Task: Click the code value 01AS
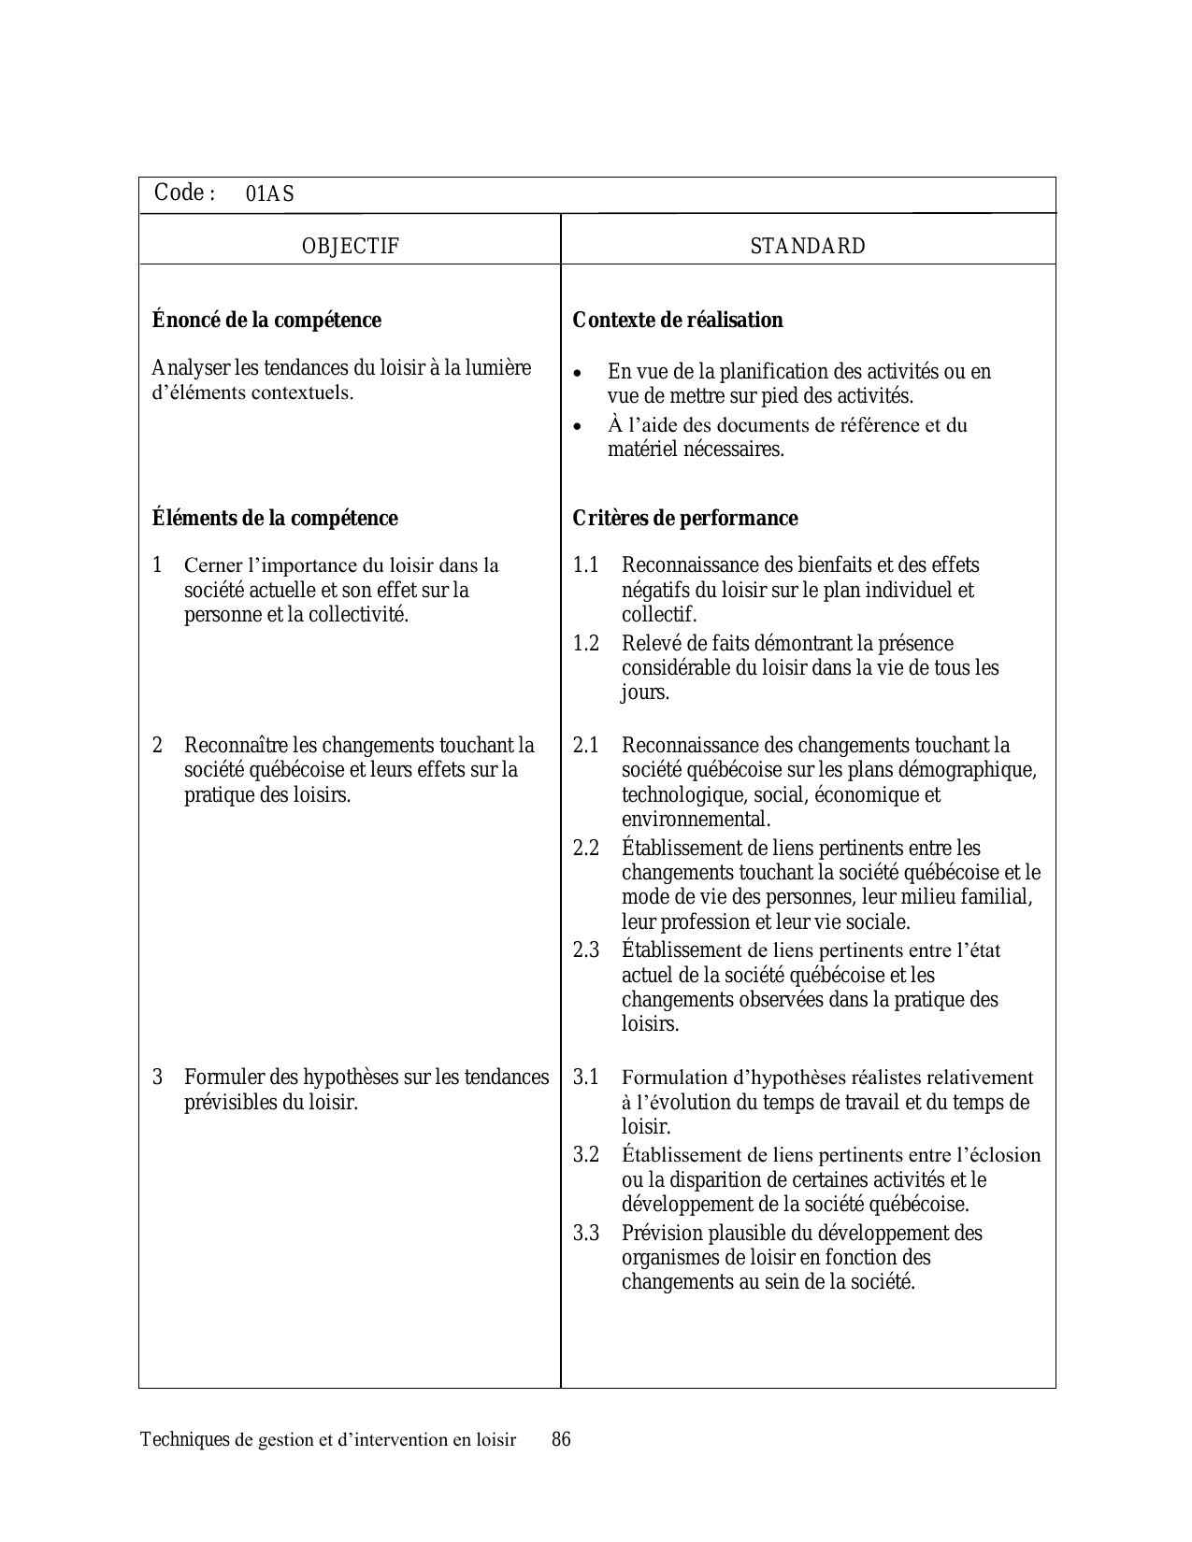pyautogui.click(x=269, y=194)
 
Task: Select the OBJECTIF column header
pyautogui.click(x=351, y=246)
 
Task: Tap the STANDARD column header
pyautogui.click(x=808, y=246)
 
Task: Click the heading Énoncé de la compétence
pyautogui.click(x=266, y=321)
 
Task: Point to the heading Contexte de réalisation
pyautogui.click(x=678, y=321)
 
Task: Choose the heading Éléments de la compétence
pyautogui.click(x=275, y=519)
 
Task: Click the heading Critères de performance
pyautogui.click(x=685, y=519)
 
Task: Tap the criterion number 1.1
pyautogui.click(x=585, y=565)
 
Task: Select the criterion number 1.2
pyautogui.click(x=585, y=644)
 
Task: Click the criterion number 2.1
pyautogui.click(x=585, y=746)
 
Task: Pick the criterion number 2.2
pyautogui.click(x=585, y=849)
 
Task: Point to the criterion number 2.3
pyautogui.click(x=585, y=950)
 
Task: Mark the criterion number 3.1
pyautogui.click(x=585, y=1078)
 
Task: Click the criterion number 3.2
pyautogui.click(x=585, y=1155)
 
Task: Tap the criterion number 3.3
pyautogui.click(x=585, y=1234)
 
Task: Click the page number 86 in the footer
pyautogui.click(x=561, y=1439)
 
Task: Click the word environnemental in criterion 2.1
pyautogui.click(x=697, y=820)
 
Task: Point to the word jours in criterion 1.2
pyautogui.click(x=645, y=693)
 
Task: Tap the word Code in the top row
pyautogui.click(x=180, y=193)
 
